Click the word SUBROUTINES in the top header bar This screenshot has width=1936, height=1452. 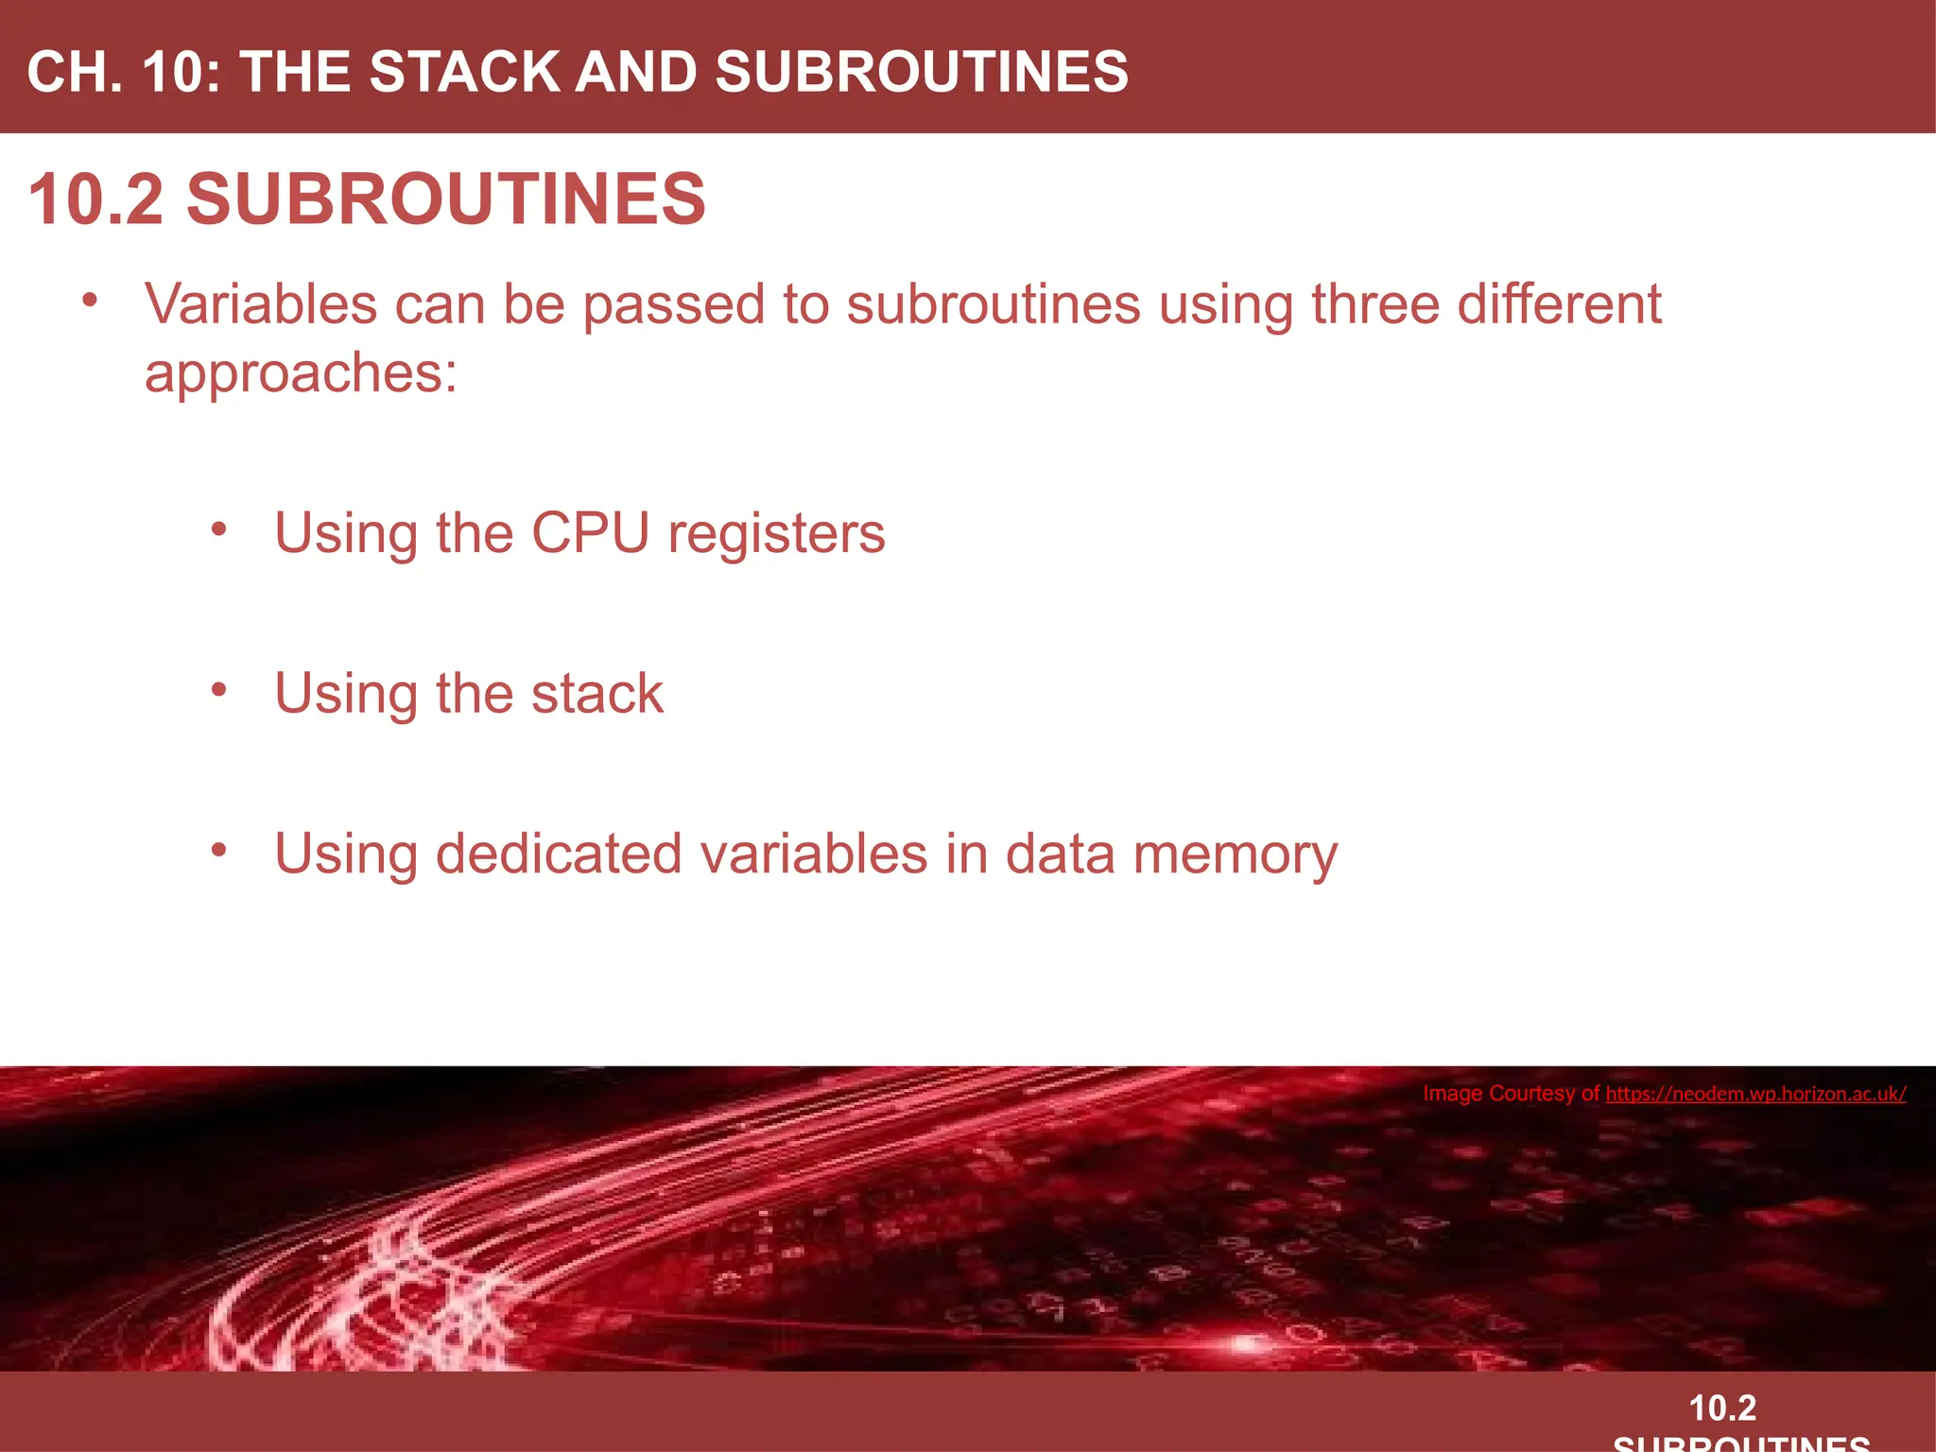[922, 72]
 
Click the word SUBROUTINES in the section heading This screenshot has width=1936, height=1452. [446, 199]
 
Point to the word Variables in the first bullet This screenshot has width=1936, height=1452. [261, 304]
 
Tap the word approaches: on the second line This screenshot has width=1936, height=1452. [301, 372]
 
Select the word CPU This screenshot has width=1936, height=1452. [590, 533]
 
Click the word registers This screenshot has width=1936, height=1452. [776, 533]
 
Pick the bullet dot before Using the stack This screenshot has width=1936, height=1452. [219, 690]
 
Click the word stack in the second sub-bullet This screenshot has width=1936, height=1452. [597, 694]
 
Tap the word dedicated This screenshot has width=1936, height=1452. [559, 855]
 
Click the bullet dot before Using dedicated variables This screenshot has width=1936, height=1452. [219, 851]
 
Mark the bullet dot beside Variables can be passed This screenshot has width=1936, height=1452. [90, 301]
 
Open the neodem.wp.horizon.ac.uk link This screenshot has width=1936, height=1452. [1755, 1094]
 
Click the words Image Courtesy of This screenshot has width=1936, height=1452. [1511, 1094]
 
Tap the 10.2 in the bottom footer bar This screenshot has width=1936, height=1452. [1722, 1409]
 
